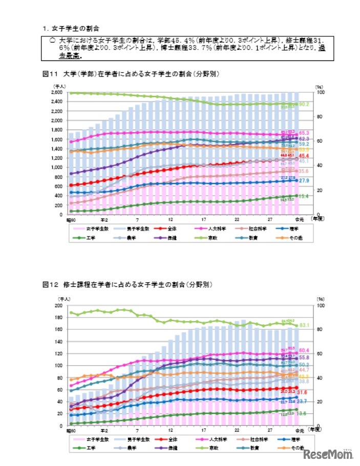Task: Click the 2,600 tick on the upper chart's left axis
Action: point(57,92)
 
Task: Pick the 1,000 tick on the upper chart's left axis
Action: point(57,167)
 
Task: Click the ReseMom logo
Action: point(328,454)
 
